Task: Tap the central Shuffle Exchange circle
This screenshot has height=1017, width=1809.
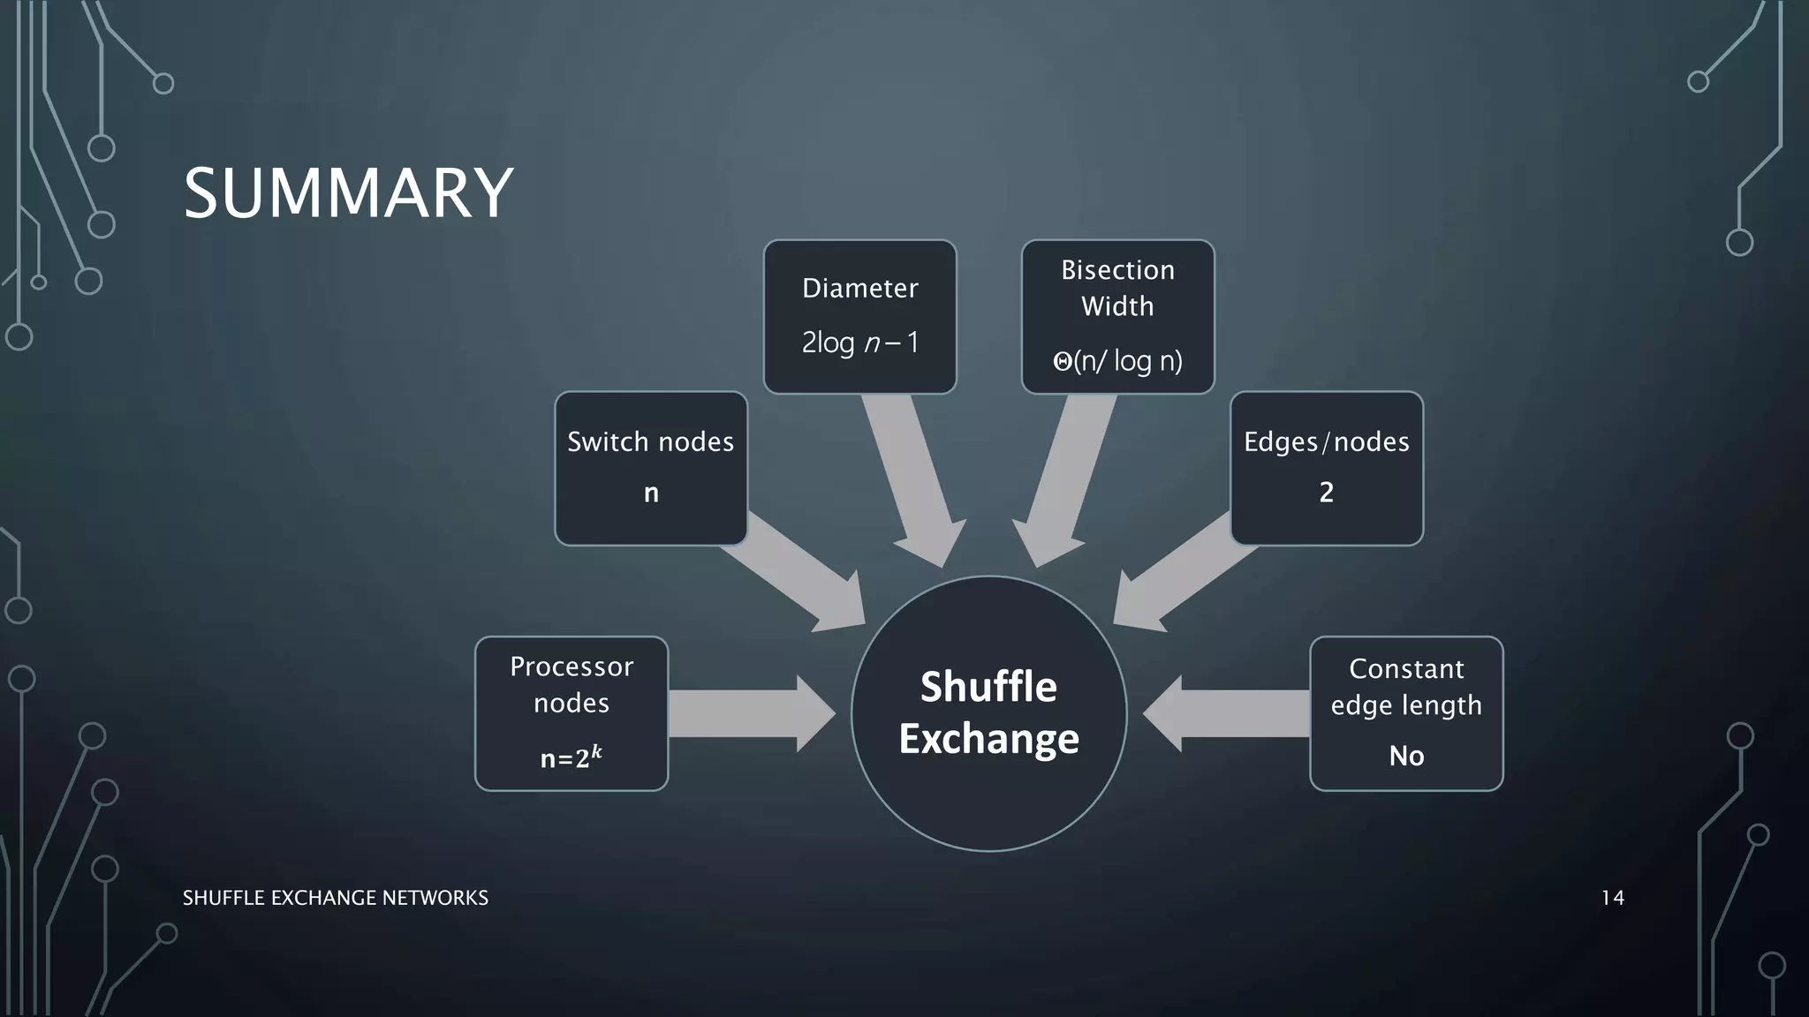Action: click(x=988, y=712)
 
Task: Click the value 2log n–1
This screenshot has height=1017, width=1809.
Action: click(x=859, y=343)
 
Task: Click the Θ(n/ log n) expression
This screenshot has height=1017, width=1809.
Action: click(x=1117, y=360)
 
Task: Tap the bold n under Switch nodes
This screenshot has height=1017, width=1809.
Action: click(x=651, y=493)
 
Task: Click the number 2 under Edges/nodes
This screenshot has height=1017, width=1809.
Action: click(x=1326, y=493)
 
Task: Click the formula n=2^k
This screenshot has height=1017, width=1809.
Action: click(x=571, y=757)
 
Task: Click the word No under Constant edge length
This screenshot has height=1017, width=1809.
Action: click(x=1406, y=756)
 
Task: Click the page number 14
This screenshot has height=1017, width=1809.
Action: click(x=1612, y=898)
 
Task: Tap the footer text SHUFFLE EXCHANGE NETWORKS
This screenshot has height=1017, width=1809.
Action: click(x=335, y=898)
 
